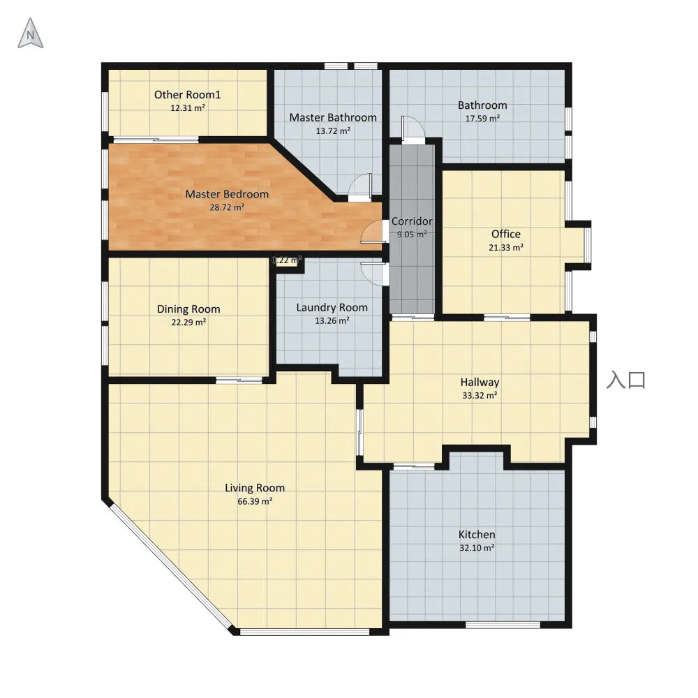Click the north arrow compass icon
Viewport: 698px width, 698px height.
30,34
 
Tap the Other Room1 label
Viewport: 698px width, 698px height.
187,95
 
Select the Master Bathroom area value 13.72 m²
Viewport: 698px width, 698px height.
333,131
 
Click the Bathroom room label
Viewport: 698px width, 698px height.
482,105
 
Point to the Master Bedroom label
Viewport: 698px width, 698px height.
227,194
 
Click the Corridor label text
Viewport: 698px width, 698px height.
412,221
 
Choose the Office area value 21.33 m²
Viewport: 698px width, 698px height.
505,248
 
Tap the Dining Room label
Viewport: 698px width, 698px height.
188,309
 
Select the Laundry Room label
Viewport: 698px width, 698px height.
332,308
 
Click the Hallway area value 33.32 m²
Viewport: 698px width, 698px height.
480,395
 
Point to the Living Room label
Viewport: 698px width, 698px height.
255,488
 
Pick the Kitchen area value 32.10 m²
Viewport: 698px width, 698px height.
477,548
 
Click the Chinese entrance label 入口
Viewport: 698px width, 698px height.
626,380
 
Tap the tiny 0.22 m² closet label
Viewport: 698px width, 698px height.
287,260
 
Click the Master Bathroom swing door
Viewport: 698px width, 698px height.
359,187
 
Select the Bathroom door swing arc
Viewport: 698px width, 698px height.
413,129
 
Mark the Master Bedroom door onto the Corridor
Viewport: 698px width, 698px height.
373,232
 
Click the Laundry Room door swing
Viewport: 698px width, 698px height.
373,274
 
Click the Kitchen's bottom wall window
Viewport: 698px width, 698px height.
503,625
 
